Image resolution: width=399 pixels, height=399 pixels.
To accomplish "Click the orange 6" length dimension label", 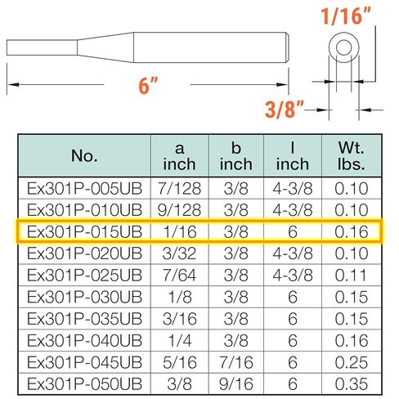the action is click(x=148, y=85).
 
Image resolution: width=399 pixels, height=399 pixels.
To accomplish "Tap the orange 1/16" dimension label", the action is click(x=346, y=16).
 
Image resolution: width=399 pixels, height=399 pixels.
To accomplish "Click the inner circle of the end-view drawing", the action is click(x=344, y=47).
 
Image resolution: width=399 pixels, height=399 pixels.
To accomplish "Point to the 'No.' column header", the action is click(x=84, y=155).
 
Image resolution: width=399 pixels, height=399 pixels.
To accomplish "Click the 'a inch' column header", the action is click(x=179, y=156).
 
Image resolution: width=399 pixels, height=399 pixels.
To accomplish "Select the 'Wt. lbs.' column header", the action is click(x=352, y=156).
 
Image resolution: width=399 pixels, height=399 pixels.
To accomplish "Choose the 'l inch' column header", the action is click(x=293, y=156).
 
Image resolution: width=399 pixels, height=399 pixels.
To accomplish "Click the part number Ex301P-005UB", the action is click(x=84, y=189).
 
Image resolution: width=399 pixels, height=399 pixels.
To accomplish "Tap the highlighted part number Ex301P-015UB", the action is click(x=84, y=232).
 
